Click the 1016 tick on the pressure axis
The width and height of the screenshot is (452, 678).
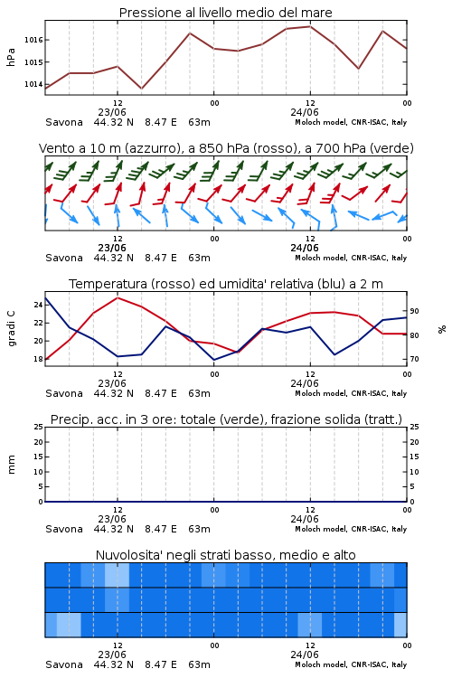[33, 40]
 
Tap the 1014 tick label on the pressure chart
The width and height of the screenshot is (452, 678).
[33, 84]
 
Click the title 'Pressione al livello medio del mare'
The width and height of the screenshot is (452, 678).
[226, 13]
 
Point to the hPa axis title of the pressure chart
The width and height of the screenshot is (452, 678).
[11, 57]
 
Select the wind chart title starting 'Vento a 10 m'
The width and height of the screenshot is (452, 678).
[226, 148]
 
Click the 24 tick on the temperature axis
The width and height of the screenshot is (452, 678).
[38, 305]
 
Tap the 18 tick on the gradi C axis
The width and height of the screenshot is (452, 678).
[38, 359]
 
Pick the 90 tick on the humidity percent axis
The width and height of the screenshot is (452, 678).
[414, 311]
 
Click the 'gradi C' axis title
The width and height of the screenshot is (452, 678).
[12, 328]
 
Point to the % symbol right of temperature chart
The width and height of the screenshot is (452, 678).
[442, 329]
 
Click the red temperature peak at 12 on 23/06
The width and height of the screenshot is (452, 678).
[118, 298]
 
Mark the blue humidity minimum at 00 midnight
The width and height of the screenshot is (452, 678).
[213, 360]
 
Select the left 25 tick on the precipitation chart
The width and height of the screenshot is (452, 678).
[38, 428]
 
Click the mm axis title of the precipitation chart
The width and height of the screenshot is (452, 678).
[12, 465]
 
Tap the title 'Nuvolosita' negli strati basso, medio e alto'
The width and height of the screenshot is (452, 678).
[226, 555]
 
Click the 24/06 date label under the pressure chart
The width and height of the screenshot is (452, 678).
[305, 112]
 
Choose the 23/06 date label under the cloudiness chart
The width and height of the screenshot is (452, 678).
[112, 654]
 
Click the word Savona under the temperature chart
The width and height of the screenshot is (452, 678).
[64, 393]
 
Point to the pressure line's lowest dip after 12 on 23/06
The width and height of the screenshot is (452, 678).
[141, 89]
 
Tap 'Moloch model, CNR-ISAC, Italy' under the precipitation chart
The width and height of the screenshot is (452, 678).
[351, 529]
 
